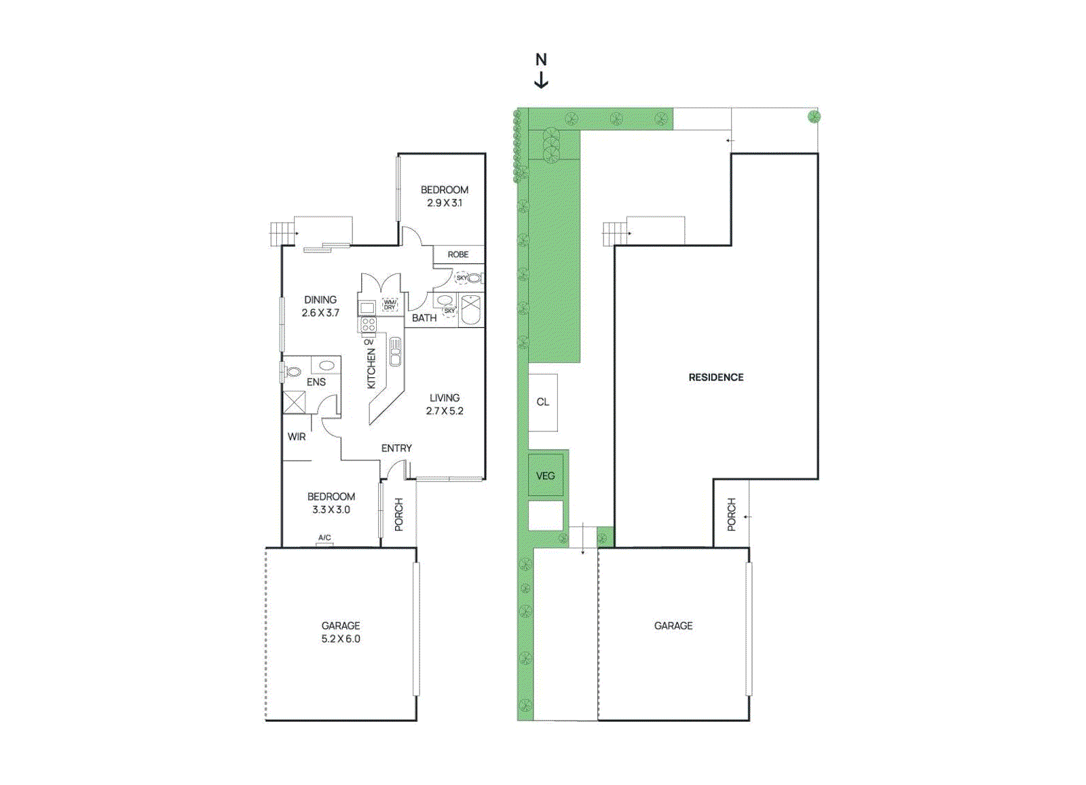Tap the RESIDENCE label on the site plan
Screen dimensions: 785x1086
(716, 377)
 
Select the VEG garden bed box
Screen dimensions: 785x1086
(546, 475)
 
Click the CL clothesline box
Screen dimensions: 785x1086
(543, 402)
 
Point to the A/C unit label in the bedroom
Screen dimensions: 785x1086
(324, 538)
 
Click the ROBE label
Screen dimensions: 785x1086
(458, 254)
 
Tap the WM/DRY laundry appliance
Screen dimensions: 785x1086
(390, 305)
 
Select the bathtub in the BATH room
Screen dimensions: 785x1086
(471, 311)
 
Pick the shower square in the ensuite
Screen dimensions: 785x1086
(294, 402)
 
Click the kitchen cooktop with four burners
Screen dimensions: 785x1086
(368, 325)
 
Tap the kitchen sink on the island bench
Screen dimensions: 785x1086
(395, 351)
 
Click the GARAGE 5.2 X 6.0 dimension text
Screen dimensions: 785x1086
(341, 638)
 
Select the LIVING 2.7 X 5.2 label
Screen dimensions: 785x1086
(445, 404)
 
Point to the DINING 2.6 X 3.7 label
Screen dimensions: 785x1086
(320, 306)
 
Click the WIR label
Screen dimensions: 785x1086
(297, 437)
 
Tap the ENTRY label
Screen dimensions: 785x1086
(396, 448)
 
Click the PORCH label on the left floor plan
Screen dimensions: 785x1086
(398, 514)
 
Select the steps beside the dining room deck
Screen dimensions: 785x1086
(282, 234)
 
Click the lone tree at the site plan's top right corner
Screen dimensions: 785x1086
(814, 117)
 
